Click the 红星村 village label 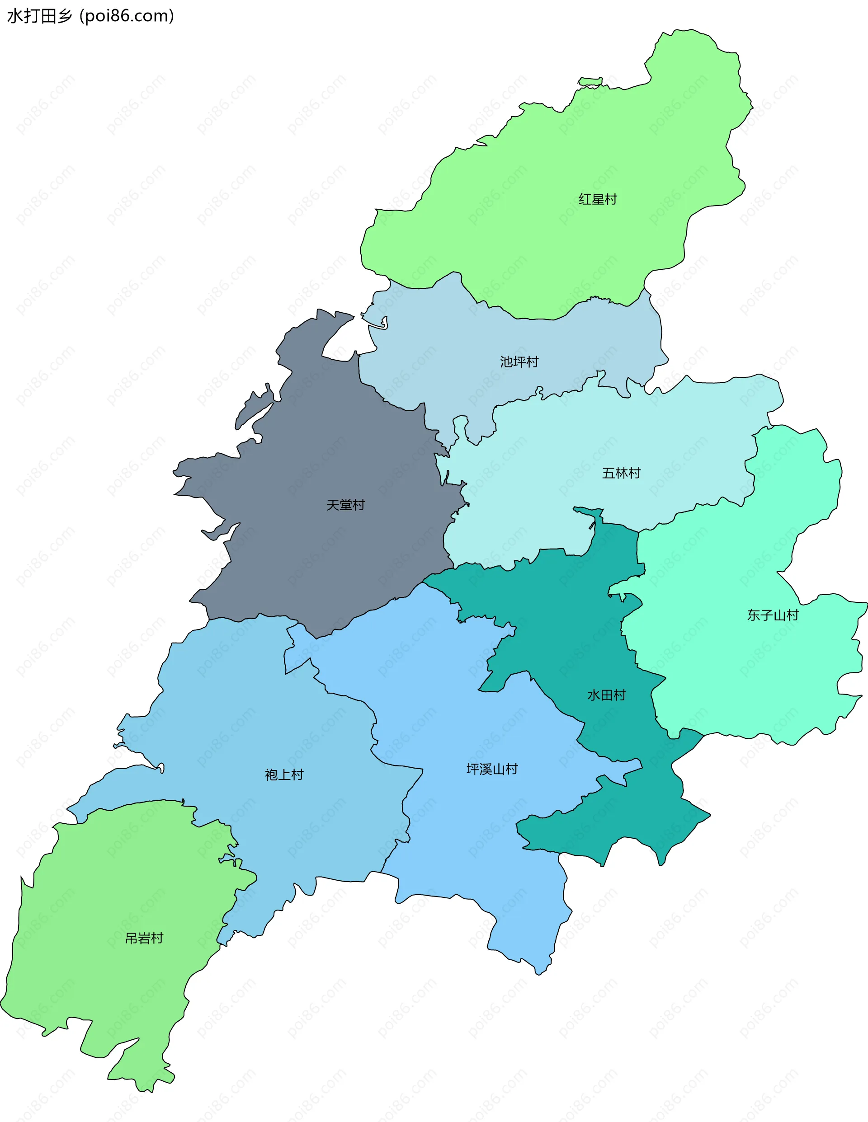coord(598,199)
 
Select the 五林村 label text coord(621,473)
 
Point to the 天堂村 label coord(345,505)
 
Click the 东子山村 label coord(773,615)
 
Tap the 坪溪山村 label coord(492,769)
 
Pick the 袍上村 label coord(284,775)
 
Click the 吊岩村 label coord(144,939)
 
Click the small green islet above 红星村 coord(590,81)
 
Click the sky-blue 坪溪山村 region coord(462,848)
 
